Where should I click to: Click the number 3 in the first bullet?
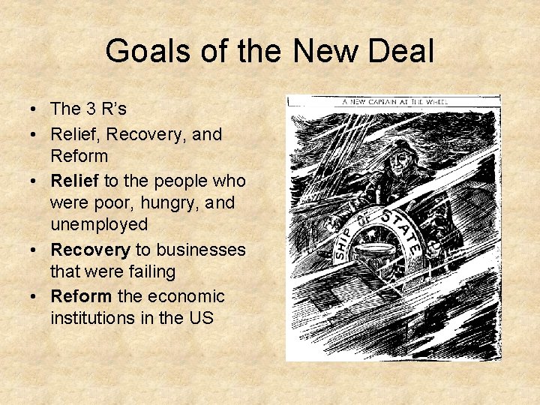coord(90,109)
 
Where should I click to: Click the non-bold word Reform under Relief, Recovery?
coord(79,156)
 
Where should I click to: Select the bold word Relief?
coord(74,181)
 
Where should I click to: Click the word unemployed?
coord(98,225)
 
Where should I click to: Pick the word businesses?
coord(200,250)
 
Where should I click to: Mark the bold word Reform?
coord(79,296)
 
